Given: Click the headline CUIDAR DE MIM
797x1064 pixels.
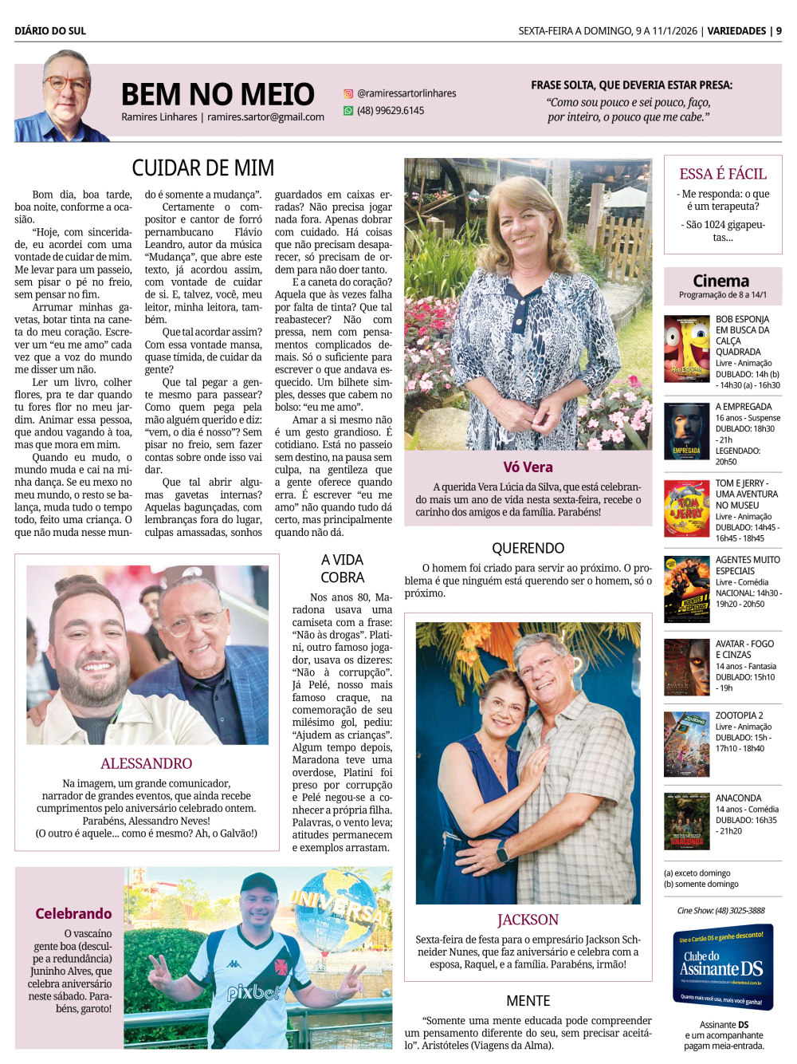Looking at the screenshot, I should [x=202, y=168].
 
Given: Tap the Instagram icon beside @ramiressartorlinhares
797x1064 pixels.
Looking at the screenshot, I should [x=348, y=93].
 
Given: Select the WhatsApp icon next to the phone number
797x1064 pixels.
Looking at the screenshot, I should [x=348, y=111].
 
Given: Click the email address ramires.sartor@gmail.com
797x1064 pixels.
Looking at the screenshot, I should [x=265, y=117].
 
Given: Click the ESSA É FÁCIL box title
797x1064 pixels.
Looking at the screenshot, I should [x=722, y=174].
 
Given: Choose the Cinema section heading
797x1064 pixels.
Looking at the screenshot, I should [x=720, y=281].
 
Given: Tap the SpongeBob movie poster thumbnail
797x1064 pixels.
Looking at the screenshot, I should [x=686, y=349].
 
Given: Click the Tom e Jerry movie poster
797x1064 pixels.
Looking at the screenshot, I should [x=686, y=509].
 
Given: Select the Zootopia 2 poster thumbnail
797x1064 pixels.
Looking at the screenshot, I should [x=686, y=744].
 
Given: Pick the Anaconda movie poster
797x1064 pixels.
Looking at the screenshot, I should [x=686, y=821].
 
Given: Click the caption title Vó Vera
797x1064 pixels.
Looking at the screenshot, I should [x=528, y=467].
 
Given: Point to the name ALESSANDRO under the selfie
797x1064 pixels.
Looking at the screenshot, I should [x=147, y=763].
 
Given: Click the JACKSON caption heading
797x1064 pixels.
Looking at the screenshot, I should [x=528, y=920].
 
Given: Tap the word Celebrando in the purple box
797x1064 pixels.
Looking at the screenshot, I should [x=73, y=913].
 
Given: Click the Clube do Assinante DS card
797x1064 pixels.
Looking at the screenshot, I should [x=723, y=967].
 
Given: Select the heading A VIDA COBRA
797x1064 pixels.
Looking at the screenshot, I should [x=342, y=569].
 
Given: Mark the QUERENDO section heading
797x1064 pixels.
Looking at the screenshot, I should [x=528, y=548].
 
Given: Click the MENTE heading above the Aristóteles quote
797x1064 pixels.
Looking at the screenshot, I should [x=528, y=1000].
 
